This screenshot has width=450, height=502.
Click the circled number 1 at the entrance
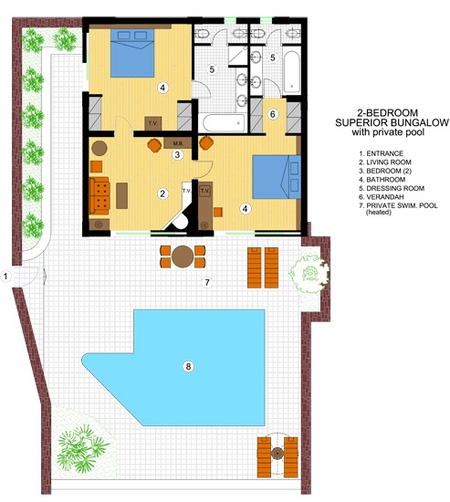pyautogui.click(x=5, y=276)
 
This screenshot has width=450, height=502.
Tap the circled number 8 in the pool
pyautogui.click(x=188, y=366)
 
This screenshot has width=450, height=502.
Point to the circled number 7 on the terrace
pyautogui.click(x=207, y=282)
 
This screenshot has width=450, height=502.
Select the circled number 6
pyautogui.click(x=273, y=114)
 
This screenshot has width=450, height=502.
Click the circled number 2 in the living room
pyautogui.click(x=162, y=193)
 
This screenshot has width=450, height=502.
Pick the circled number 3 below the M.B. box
pyautogui.click(x=177, y=155)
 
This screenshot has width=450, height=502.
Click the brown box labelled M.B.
pyautogui.click(x=178, y=143)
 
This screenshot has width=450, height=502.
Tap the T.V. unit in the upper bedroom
pyautogui.click(x=153, y=123)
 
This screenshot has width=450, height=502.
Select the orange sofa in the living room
pyautogui.click(x=99, y=195)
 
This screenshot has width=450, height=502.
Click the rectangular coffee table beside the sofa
pyautogui.click(x=121, y=195)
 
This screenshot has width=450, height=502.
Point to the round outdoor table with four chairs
pyautogui.click(x=183, y=256)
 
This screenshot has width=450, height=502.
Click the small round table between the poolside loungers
pyautogui.click(x=277, y=454)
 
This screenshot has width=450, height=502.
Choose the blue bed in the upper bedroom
pyautogui.click(x=132, y=53)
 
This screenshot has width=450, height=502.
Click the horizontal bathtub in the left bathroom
pyautogui.click(x=224, y=123)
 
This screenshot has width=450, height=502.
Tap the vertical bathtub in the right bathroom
pyautogui.click(x=291, y=72)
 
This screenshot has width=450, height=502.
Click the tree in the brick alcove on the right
pyautogui.click(x=309, y=273)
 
